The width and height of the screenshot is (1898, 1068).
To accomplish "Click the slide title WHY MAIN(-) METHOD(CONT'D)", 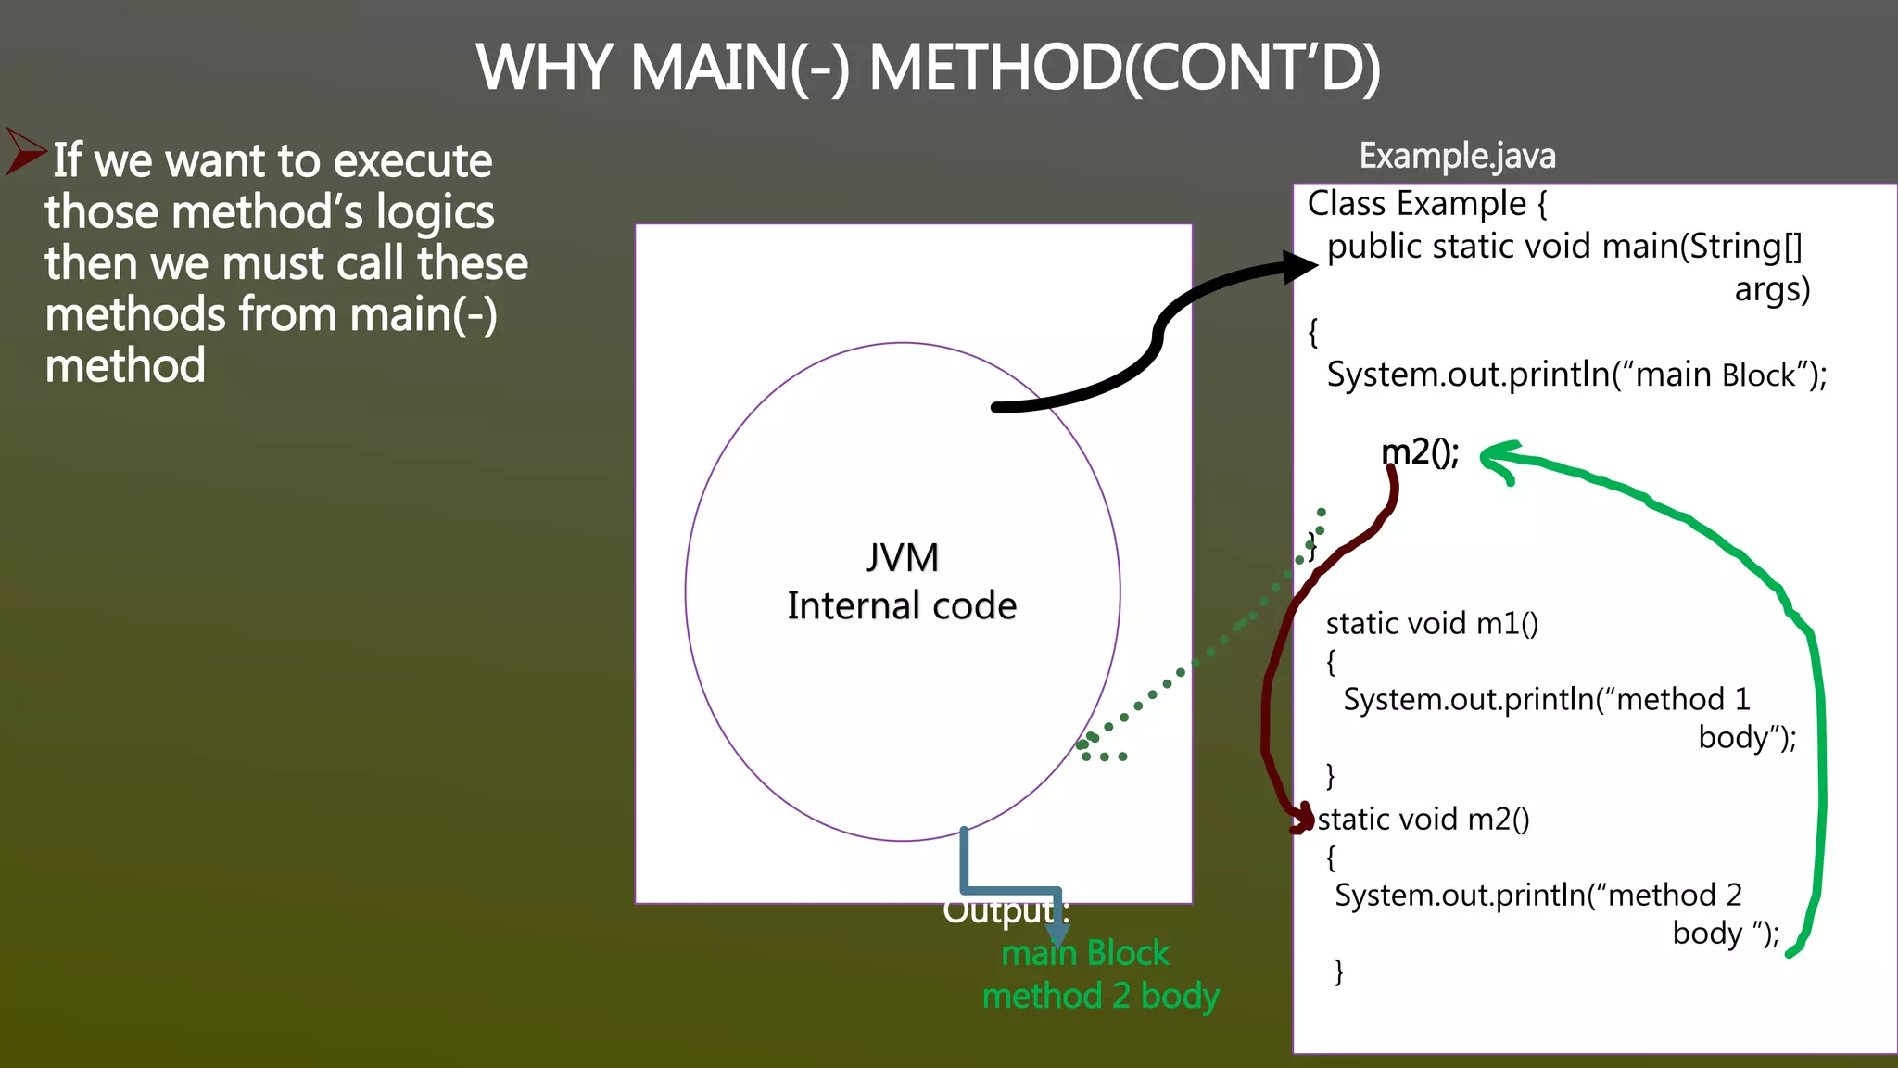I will (929, 68).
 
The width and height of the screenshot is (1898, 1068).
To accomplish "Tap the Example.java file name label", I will (1457, 156).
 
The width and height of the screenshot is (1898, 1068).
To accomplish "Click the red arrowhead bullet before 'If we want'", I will (25, 151).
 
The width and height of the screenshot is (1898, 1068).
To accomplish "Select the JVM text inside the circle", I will (902, 557).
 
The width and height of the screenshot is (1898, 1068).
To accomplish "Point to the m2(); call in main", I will (1420, 452).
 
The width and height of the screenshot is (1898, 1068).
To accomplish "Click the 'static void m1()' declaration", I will (1432, 623).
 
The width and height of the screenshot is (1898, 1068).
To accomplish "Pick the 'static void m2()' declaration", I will (1423, 819).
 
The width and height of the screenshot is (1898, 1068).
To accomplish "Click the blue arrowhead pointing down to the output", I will (1057, 934).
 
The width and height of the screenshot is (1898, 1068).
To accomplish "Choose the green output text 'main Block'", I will (1085, 953).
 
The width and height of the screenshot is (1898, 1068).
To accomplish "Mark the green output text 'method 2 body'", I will (1100, 996).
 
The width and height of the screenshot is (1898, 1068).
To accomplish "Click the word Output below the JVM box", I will (999, 910).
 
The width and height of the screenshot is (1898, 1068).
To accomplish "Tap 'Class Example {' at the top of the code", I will (1426, 203).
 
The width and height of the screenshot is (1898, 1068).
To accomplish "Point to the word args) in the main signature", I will (1772, 289).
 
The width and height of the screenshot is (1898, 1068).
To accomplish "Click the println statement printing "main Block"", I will (1576, 375).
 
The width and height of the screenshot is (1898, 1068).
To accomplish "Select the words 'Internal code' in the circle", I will (902, 605).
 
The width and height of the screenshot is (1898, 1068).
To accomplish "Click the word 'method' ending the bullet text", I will (125, 365).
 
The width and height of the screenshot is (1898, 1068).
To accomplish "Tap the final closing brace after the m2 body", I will (1338, 971).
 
